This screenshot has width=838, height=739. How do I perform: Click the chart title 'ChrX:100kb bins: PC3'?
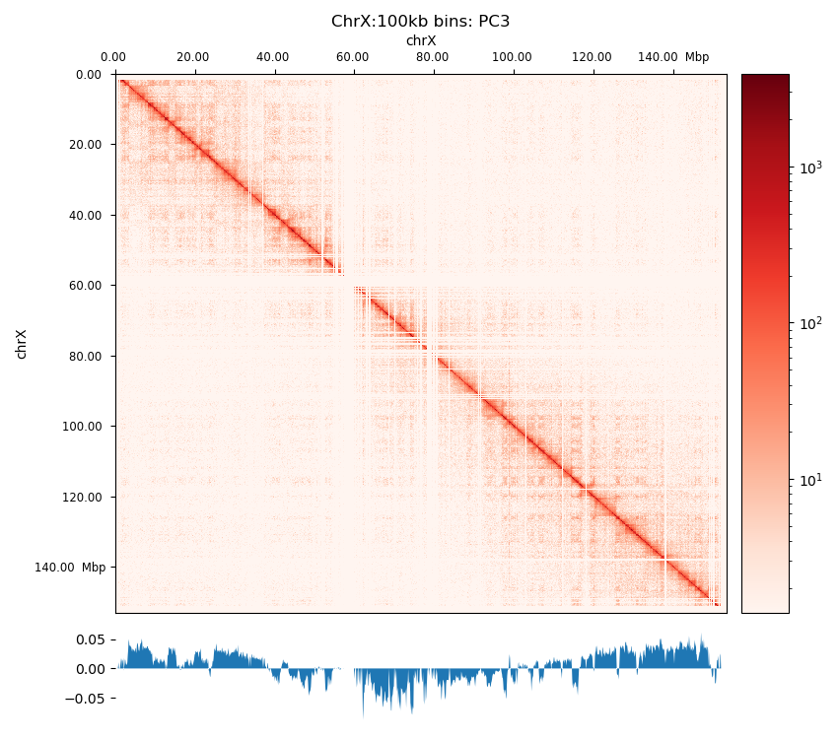point(420,21)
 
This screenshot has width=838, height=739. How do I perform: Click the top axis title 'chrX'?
point(420,40)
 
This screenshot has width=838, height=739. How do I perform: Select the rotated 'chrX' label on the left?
point(22,344)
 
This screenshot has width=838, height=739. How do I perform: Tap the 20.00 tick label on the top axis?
point(192,57)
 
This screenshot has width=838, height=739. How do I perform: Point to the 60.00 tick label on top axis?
point(352,57)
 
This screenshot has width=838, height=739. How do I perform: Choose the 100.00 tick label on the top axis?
point(511,57)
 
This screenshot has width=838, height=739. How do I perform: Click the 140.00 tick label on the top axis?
point(658,57)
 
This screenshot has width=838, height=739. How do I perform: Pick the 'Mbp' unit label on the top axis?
point(697,57)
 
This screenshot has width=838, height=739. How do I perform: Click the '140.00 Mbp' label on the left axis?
point(70,568)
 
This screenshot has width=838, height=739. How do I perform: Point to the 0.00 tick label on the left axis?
point(89,75)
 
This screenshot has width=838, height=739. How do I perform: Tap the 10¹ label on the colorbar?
point(808,480)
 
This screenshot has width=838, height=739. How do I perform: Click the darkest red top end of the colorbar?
point(765,78)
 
